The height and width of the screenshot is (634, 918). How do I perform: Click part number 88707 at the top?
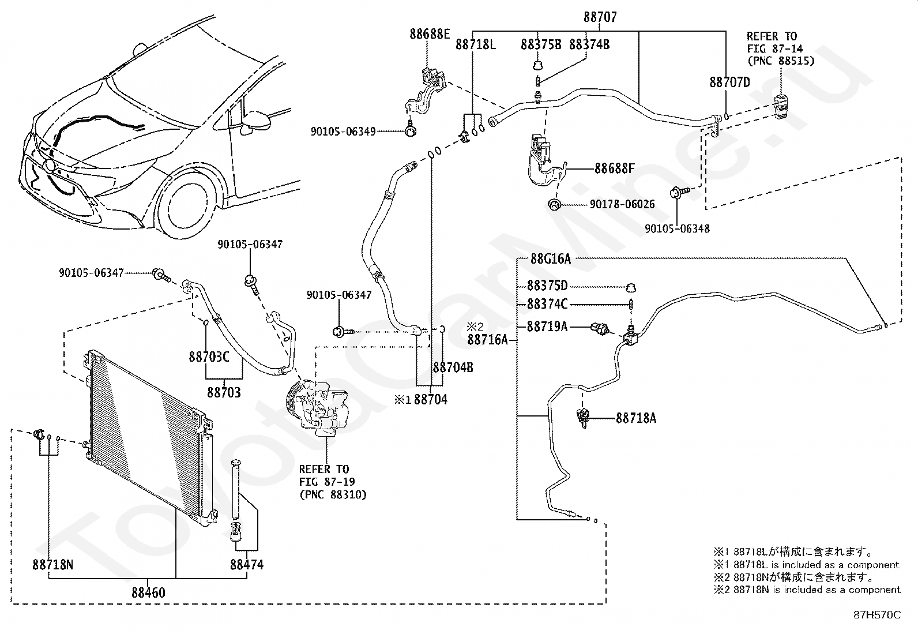[600, 18]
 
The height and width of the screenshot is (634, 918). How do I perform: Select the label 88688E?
[430, 34]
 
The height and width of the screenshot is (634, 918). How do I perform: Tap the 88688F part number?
[615, 169]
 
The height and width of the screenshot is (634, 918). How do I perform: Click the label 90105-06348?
[677, 228]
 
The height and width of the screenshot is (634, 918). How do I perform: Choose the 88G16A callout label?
[550, 259]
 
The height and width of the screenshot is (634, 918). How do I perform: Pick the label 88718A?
[636, 418]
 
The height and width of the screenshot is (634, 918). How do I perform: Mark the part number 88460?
[148, 592]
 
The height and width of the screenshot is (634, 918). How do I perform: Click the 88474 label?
[247, 564]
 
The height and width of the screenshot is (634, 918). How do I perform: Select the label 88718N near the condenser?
[52, 564]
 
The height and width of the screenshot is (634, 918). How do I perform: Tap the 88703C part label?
[209, 357]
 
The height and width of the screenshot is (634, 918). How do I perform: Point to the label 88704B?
[453, 367]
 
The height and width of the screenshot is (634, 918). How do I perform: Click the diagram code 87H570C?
[876, 615]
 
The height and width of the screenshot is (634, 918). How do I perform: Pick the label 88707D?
[729, 82]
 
